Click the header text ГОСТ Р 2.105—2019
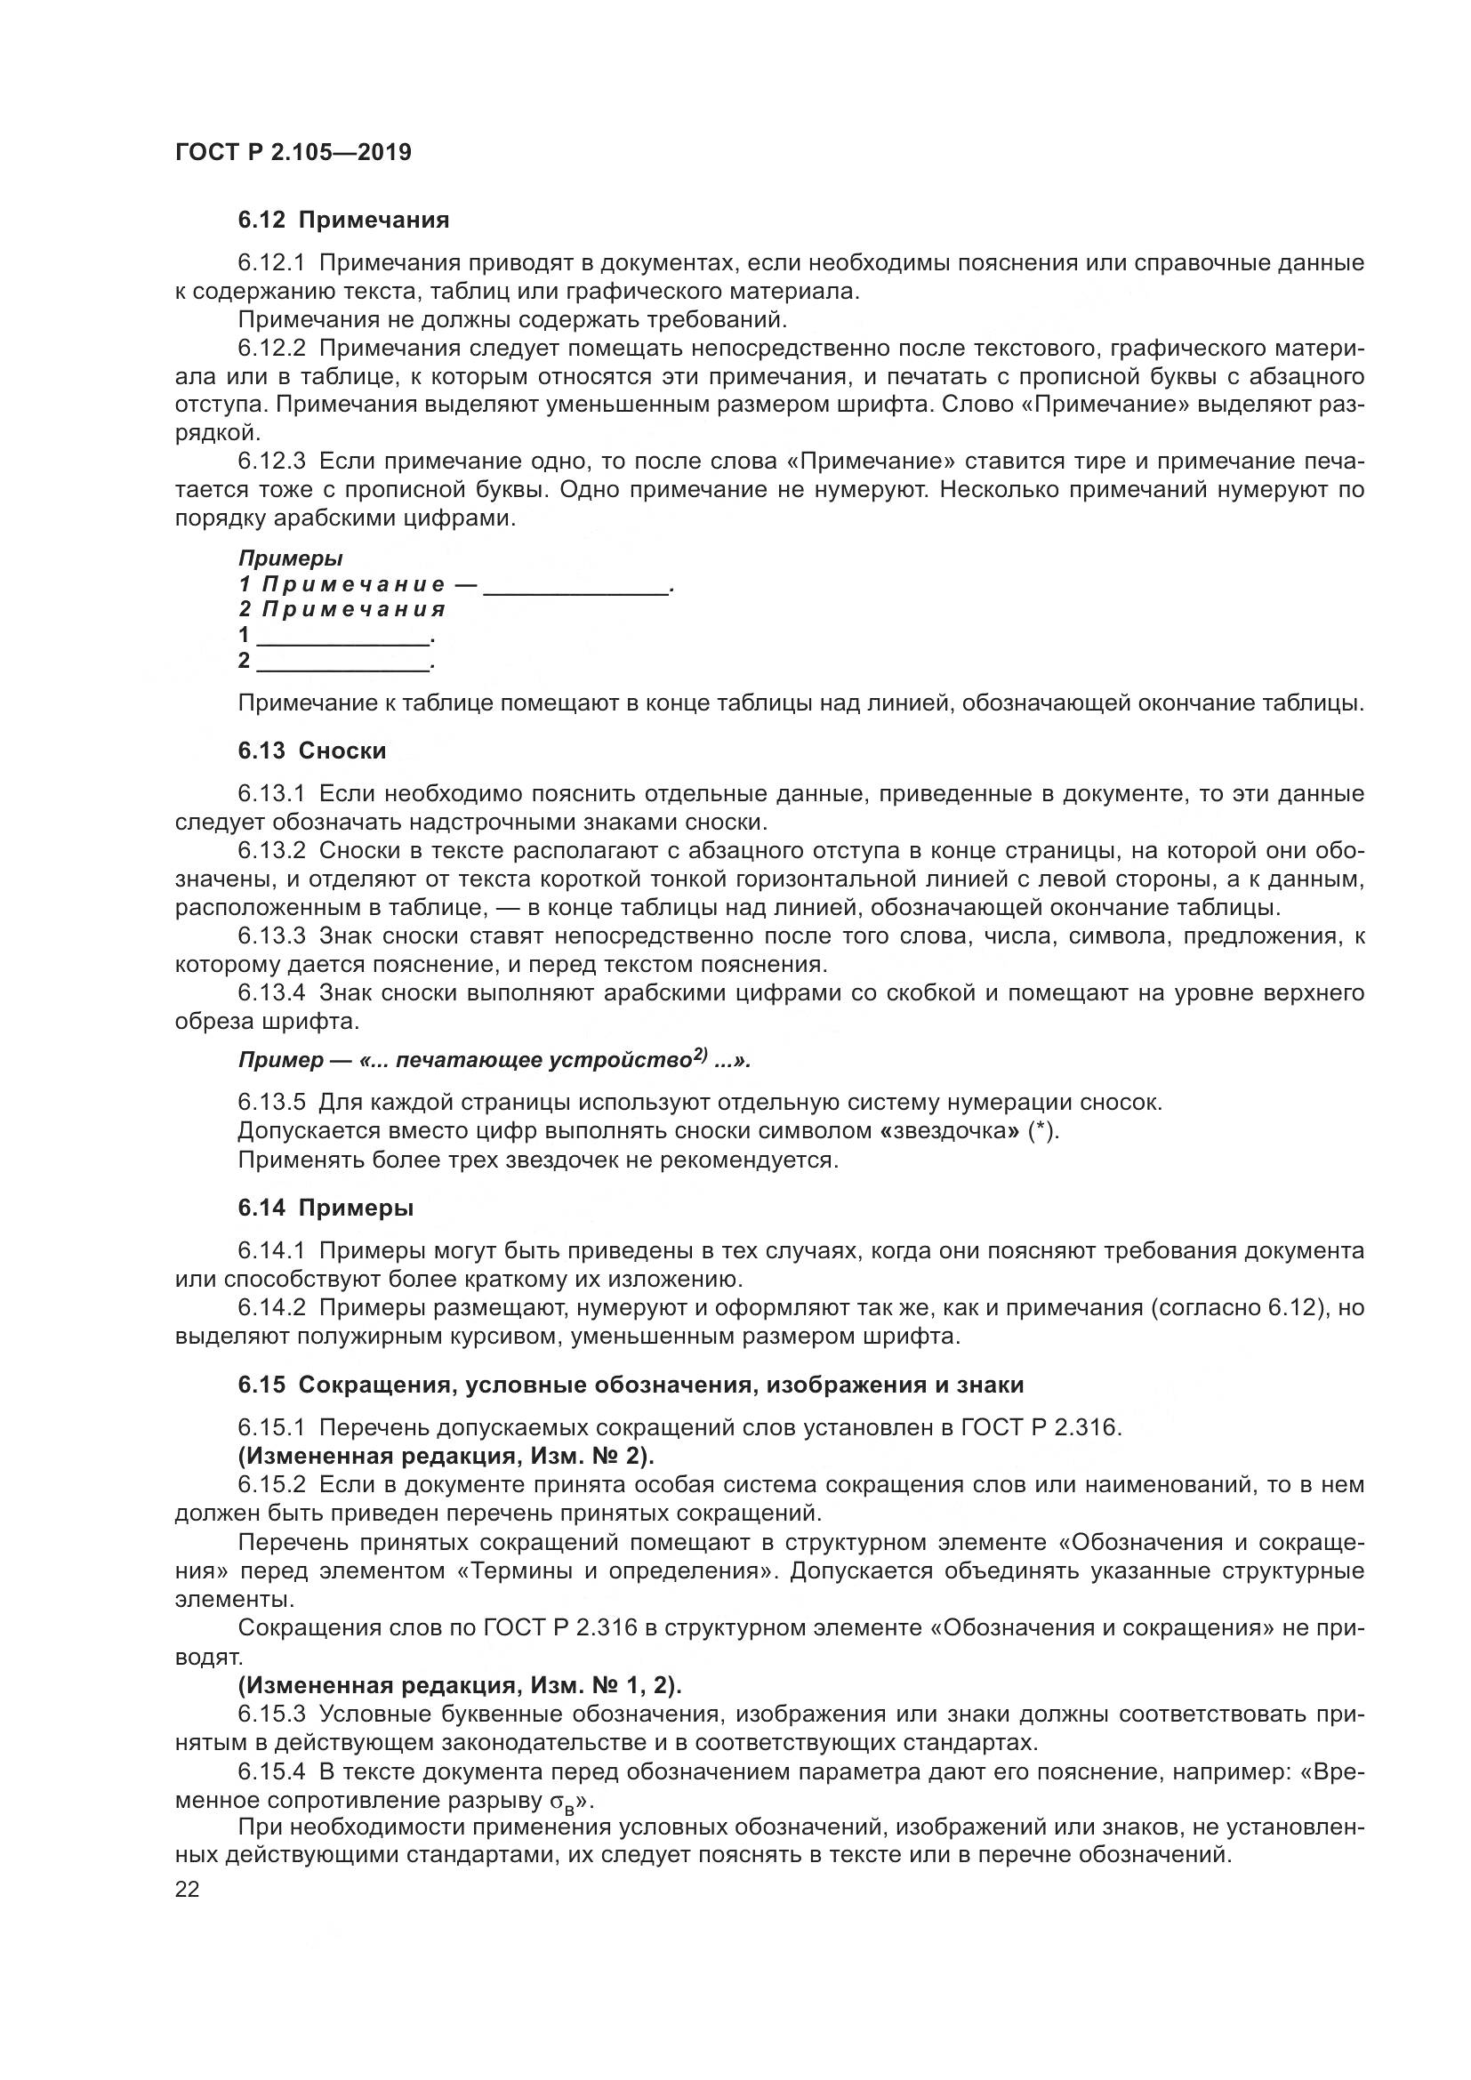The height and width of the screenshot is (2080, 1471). pos(293,152)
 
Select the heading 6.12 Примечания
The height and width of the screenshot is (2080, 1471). pos(343,220)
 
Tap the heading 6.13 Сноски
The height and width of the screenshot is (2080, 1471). pos(311,751)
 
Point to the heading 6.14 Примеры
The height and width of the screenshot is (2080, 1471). pos(326,1208)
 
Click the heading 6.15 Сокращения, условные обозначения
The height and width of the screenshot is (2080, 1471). pos(631,1385)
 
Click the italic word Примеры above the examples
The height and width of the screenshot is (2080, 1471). pos(290,559)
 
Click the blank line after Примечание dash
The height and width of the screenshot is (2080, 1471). pos(576,589)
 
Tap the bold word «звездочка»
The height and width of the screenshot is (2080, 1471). pos(950,1131)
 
